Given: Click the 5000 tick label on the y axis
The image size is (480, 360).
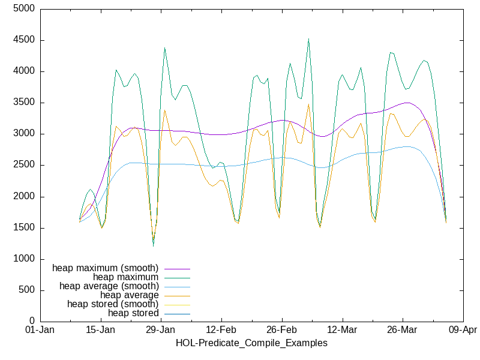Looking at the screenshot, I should point(24,10).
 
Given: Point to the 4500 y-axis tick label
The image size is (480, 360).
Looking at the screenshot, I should point(24,41).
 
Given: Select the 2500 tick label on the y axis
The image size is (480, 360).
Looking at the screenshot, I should point(24,166).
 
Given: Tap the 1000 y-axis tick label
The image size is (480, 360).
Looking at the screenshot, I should point(24,259).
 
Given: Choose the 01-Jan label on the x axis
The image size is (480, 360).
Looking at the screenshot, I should point(40,331).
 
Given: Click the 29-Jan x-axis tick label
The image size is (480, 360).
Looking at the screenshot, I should point(161,331).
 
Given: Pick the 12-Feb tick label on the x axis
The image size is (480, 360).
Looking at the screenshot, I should point(221,331).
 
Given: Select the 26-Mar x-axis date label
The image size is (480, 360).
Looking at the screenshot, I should point(402,331).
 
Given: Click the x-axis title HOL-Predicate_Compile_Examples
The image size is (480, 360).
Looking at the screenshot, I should point(251,343).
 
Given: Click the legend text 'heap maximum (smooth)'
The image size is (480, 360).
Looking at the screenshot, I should point(106,268).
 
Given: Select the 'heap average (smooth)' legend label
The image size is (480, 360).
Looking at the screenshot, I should point(109,286).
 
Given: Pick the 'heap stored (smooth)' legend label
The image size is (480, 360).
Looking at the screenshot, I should point(113,304).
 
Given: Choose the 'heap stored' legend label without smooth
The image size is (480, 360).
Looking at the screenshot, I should point(133,313).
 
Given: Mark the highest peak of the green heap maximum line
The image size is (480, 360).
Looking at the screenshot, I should point(308,39).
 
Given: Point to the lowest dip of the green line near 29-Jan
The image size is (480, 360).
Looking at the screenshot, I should point(153,245).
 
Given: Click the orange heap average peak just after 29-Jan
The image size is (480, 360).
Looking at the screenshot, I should point(164,110).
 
